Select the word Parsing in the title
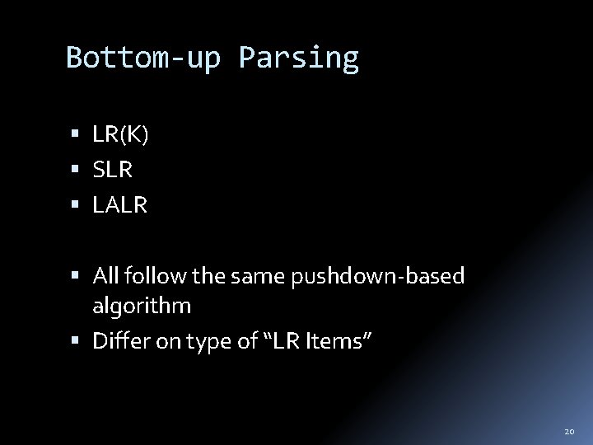[x=299, y=59]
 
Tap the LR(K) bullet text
[x=120, y=135]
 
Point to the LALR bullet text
[x=119, y=206]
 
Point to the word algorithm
[x=142, y=307]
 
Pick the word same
[x=264, y=276]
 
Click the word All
[x=105, y=276]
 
